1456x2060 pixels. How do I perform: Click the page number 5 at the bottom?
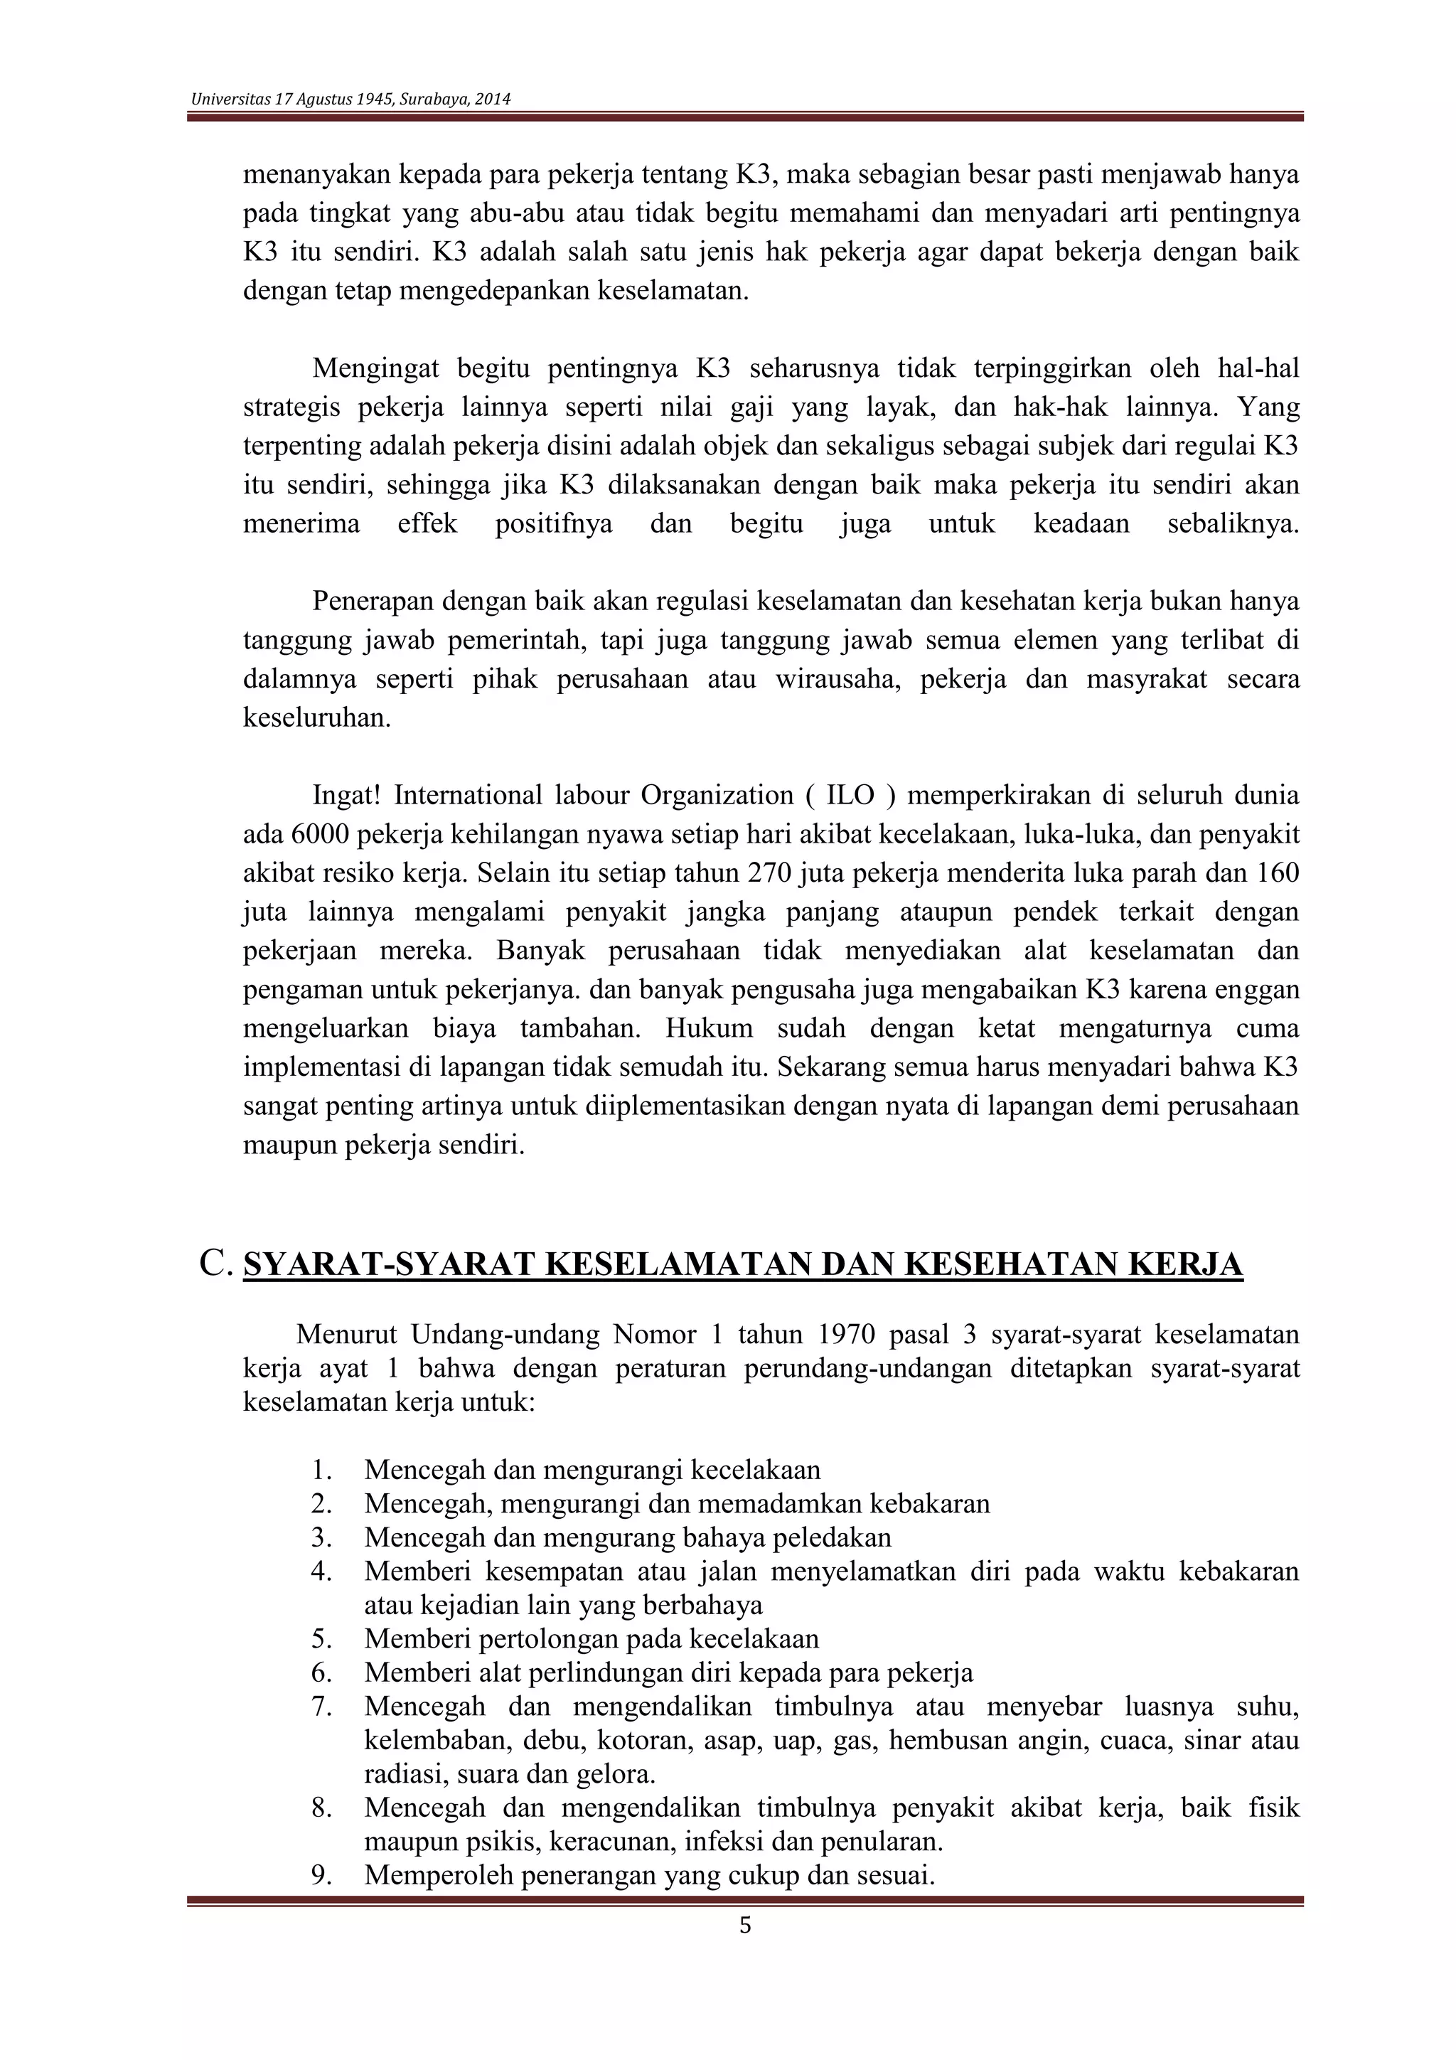tap(744, 1926)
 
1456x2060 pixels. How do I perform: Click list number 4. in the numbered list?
tap(323, 1572)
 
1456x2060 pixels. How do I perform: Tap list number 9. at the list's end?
tap(323, 1875)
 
